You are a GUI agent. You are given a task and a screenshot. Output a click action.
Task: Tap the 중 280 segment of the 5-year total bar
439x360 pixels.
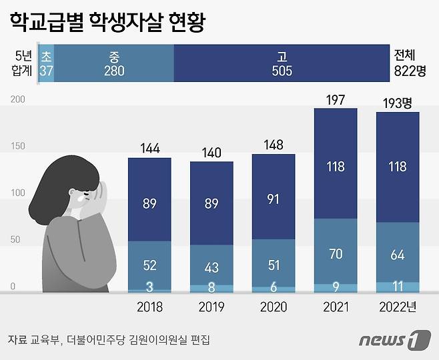pos(114,63)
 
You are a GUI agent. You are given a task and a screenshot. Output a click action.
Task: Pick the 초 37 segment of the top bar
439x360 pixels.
pos(46,63)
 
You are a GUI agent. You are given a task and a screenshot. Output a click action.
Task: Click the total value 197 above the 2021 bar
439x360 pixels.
pos(335,99)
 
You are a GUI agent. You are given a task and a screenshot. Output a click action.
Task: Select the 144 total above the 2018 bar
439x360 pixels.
pos(149,149)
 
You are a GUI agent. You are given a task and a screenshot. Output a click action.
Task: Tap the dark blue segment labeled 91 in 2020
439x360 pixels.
pos(274,199)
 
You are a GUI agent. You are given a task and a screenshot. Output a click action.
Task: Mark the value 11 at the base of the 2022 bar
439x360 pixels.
pos(398,287)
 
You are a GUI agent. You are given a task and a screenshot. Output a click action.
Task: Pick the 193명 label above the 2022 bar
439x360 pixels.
pos(399,103)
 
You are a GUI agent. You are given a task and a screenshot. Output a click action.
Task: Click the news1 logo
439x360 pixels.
pos(394,340)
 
